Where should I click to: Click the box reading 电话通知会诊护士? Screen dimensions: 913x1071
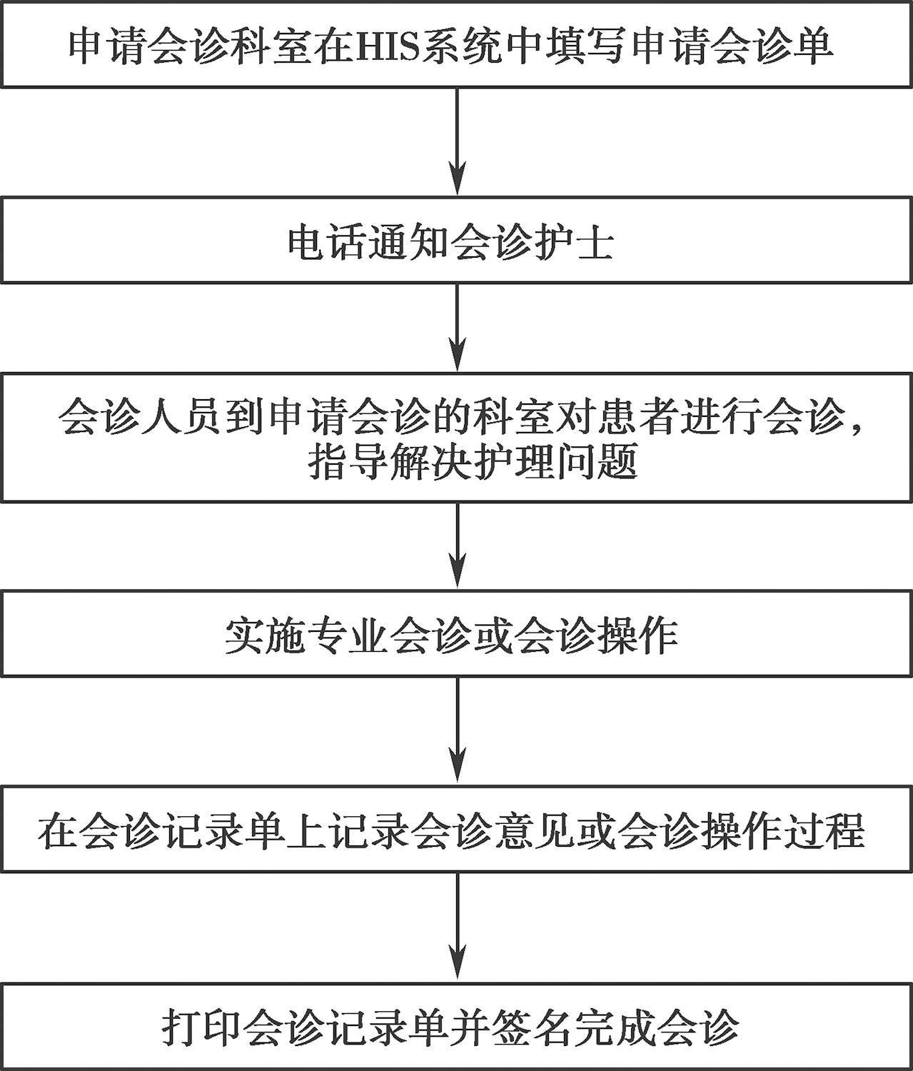coord(457,239)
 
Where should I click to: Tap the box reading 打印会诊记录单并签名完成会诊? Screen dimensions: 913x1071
coord(457,1026)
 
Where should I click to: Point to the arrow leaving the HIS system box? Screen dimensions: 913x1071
coord(457,141)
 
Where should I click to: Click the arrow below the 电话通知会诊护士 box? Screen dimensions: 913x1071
coord(457,328)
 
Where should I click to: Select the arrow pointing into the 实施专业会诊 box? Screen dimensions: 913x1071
coord(457,545)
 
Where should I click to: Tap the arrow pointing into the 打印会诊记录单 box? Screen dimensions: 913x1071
coord(457,927)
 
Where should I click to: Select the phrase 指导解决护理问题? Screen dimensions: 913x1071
coord(472,462)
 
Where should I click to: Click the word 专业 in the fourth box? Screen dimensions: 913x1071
coord(348,635)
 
